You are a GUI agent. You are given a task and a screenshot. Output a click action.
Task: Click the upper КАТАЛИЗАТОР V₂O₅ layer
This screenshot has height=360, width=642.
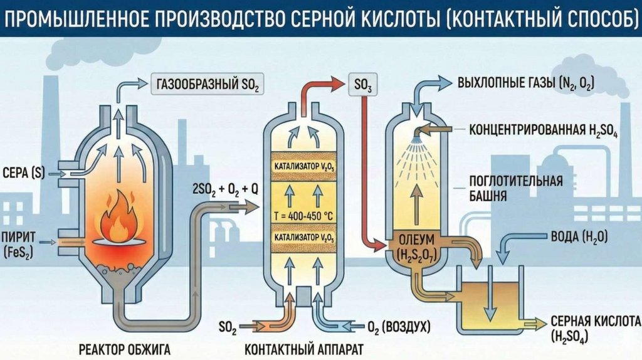pos(305,166)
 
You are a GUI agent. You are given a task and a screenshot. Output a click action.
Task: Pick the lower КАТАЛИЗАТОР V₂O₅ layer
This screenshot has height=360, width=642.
pos(305,239)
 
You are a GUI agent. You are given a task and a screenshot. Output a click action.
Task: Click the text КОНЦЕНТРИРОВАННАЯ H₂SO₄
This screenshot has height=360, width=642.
pos(544,131)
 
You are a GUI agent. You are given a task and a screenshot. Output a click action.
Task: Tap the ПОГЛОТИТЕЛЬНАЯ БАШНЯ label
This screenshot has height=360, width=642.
pos(515,188)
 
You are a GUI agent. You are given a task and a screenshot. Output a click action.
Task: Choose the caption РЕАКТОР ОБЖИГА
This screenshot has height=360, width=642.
pos(125,347)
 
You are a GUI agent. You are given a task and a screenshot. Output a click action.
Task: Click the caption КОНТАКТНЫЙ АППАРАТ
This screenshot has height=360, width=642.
pos(303,347)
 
